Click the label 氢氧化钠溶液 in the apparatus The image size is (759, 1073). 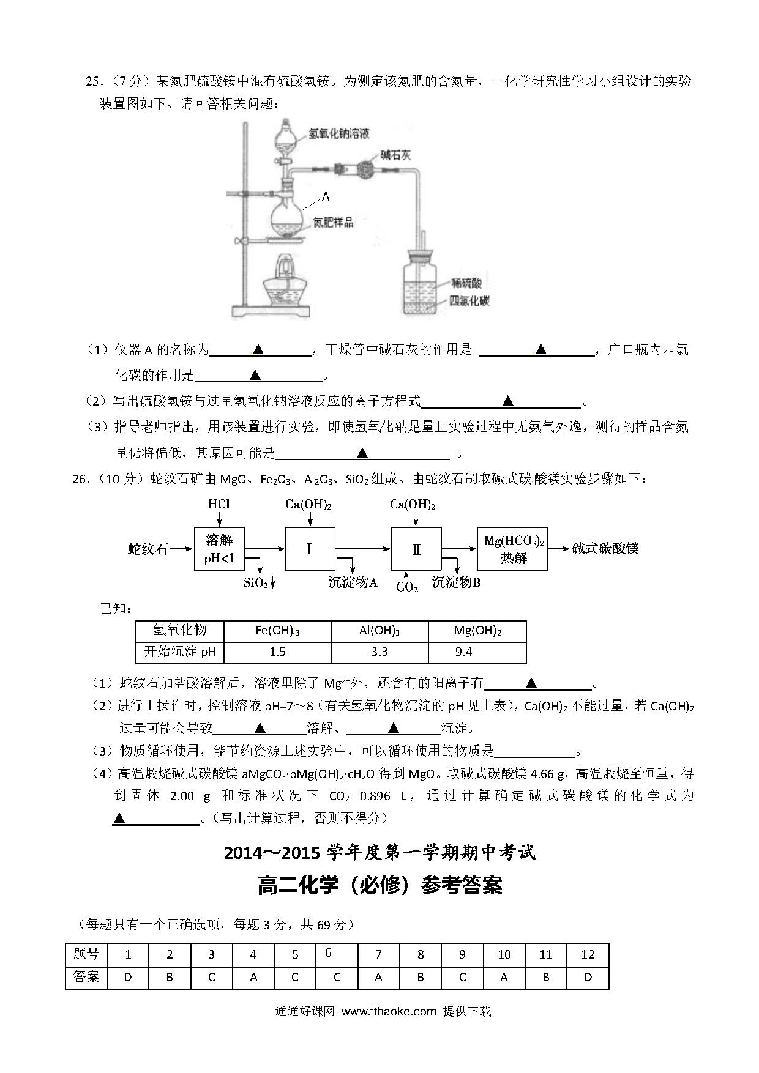coord(338,133)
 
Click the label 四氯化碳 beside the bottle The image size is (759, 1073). coord(469,301)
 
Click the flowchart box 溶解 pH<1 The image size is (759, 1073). coord(219,549)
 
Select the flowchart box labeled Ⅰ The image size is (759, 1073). coord(310,549)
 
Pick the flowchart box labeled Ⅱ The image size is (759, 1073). coord(416,549)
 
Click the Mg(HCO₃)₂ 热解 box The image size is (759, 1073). coord(513,549)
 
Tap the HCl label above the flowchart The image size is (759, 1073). coord(219,505)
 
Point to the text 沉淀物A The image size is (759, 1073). coord(353,582)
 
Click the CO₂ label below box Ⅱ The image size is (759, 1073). coord(407,587)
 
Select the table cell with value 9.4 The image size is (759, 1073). coord(477,652)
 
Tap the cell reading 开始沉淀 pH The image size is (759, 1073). coord(180,652)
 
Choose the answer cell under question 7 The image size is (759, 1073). coord(378,977)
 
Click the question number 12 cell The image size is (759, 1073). coord(588,955)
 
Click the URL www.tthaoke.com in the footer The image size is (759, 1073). coord(389,1011)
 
